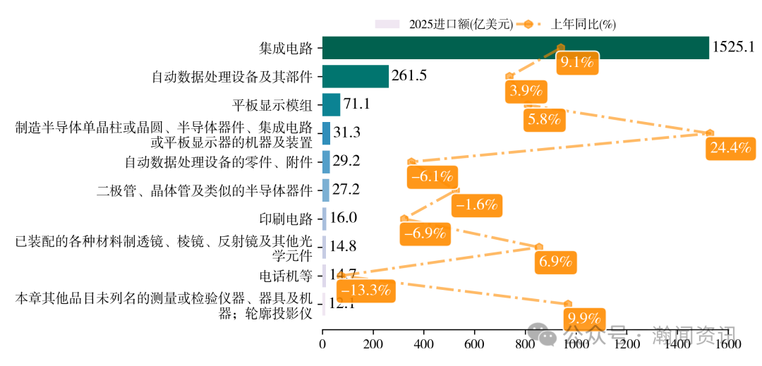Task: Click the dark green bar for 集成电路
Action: pos(515,48)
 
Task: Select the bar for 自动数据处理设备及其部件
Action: pos(355,76)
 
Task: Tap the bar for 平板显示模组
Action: pos(331,104)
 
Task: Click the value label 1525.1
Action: pos(734,48)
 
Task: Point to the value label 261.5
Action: pos(409,76)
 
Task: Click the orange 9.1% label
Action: pos(576,62)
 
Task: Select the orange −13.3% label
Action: pos(365,290)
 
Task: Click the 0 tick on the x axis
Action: pos(322,346)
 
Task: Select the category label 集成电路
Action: pos(285,49)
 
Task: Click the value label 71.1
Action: pos(356,104)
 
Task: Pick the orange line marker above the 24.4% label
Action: pos(710,133)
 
